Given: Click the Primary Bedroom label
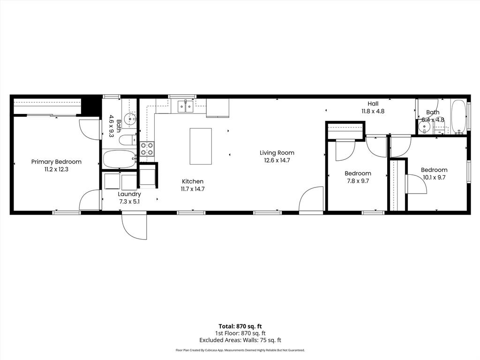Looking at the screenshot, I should (x=56, y=162).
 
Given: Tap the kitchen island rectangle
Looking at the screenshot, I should (x=201, y=146).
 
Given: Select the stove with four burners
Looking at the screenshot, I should (x=147, y=149).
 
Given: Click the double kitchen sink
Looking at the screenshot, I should (x=185, y=106).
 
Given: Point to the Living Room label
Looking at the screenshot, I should (x=277, y=152).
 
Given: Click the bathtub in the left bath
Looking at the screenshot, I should (x=119, y=159).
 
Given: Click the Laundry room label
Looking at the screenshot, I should (x=129, y=194).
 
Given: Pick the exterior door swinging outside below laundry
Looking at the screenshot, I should (x=134, y=226).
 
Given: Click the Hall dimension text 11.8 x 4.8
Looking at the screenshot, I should (x=373, y=112).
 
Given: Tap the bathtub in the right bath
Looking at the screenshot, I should (x=458, y=116).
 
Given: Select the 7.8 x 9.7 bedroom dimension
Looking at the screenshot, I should (x=358, y=180).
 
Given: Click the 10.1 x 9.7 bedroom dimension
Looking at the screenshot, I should (x=434, y=177).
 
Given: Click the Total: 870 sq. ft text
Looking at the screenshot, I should (x=240, y=326).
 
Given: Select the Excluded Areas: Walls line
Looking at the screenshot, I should (x=240, y=340).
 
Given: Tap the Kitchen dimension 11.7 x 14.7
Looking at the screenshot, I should (x=193, y=189).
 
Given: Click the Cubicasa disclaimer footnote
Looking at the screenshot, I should (x=240, y=350).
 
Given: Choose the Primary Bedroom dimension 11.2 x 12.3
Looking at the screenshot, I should (x=56, y=169).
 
